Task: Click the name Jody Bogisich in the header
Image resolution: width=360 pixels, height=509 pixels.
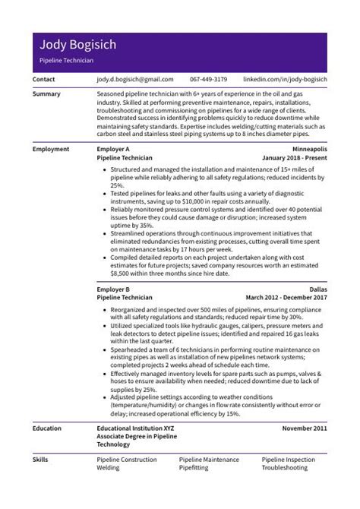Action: (78, 45)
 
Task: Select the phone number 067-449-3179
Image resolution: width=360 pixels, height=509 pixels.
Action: (209, 79)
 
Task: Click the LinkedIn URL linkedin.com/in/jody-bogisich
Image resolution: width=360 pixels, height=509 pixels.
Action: (285, 79)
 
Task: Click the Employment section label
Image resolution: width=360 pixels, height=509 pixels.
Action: (51, 150)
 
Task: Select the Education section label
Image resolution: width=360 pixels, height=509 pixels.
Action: (48, 428)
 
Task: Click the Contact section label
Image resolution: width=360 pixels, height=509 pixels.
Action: (44, 79)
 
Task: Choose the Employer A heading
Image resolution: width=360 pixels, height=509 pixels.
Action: (114, 150)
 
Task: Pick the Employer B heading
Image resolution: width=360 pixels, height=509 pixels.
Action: (114, 290)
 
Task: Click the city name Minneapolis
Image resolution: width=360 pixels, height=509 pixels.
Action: (309, 150)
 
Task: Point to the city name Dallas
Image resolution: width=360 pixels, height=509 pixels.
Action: (318, 290)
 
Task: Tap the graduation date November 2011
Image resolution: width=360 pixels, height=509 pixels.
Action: (305, 428)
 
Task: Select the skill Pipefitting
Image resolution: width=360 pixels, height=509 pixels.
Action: (194, 469)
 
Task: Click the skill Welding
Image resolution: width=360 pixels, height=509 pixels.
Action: (109, 469)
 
